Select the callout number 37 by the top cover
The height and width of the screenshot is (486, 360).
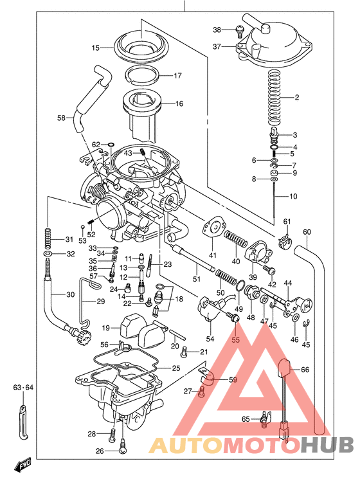click(x=217, y=46)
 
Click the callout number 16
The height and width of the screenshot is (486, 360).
click(x=178, y=104)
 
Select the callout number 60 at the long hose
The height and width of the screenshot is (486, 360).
click(x=307, y=232)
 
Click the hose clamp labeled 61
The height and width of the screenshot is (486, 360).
click(x=287, y=243)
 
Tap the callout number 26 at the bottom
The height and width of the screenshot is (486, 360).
click(x=100, y=451)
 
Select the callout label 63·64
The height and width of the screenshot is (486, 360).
click(x=23, y=388)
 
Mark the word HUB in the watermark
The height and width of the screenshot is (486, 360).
click(x=327, y=445)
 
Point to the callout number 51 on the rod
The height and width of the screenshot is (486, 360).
click(x=197, y=278)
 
